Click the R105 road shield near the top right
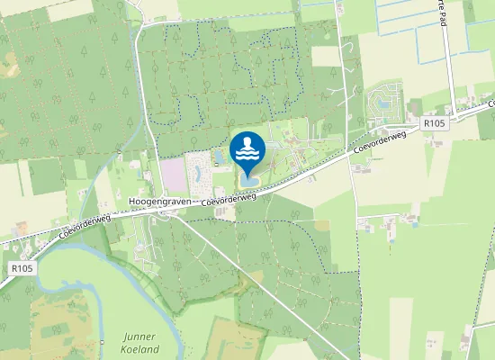pos(434,123)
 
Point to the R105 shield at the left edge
pos(22,268)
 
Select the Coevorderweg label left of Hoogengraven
pos(81,224)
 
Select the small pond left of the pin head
pos(220,158)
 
